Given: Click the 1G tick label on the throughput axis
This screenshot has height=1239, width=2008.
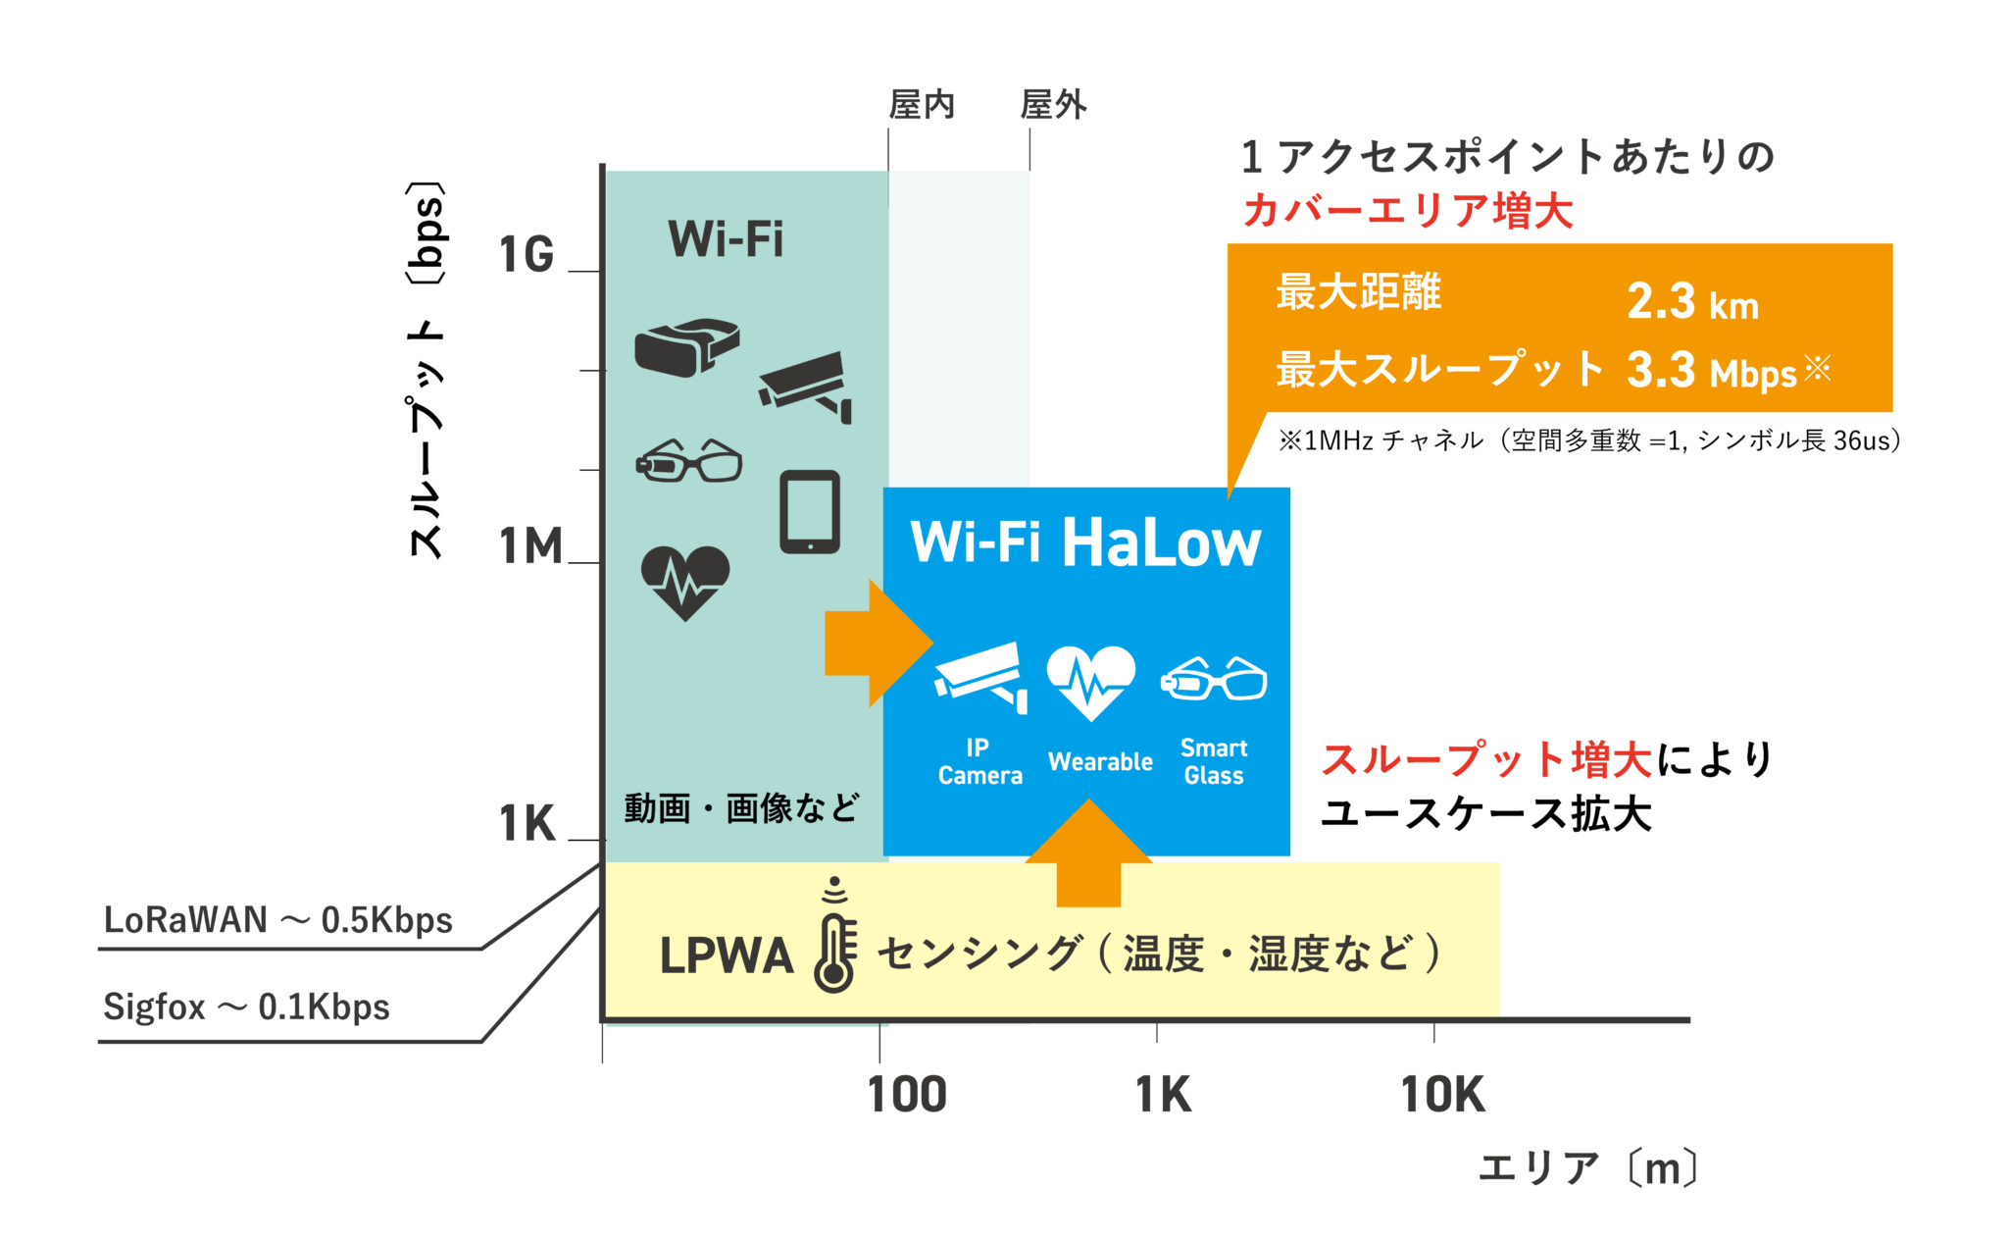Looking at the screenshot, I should (x=527, y=255).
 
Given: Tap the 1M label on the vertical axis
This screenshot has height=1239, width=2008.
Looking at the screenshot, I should (x=530, y=546).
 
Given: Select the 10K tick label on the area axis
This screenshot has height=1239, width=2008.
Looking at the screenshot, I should (x=1442, y=1095).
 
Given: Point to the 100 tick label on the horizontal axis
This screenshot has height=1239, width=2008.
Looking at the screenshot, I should (x=907, y=1095).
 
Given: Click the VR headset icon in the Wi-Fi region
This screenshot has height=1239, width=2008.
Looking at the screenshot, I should (x=685, y=347).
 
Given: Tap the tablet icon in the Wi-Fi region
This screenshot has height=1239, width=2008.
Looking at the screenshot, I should (x=810, y=512).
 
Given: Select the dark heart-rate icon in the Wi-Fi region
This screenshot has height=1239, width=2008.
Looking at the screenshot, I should (x=685, y=582).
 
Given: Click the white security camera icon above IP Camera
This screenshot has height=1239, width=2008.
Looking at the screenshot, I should (x=981, y=676).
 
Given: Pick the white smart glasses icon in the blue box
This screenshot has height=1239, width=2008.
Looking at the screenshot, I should (x=1214, y=678).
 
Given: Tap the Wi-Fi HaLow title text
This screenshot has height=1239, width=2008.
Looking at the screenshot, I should (x=1085, y=542).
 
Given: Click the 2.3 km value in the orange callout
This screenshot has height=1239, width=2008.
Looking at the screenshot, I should (x=1692, y=301).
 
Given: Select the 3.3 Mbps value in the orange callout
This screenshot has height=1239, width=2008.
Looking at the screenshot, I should (x=1711, y=371).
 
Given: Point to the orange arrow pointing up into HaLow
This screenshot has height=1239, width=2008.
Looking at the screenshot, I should (x=1088, y=853).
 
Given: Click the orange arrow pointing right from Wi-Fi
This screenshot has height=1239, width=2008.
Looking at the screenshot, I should (x=876, y=644).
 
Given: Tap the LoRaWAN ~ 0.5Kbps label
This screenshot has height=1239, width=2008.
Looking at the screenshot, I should (x=277, y=920).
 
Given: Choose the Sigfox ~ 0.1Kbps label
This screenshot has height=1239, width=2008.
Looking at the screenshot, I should (x=246, y=1007).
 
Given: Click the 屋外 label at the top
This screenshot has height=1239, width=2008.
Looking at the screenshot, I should (x=1053, y=104).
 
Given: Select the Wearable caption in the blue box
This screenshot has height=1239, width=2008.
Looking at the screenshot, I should (x=1100, y=762).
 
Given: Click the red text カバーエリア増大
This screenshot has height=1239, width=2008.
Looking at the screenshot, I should (x=1407, y=211).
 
